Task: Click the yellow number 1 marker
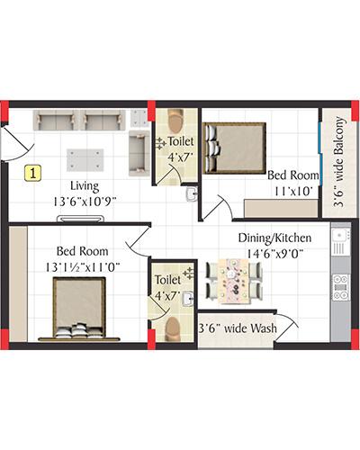click(x=32, y=173)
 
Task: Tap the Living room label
click(x=85, y=186)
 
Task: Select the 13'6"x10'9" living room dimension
click(x=85, y=202)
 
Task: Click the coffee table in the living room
click(x=85, y=160)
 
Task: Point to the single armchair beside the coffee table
click(x=139, y=153)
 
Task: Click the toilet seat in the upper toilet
click(x=175, y=121)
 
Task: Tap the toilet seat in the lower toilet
click(x=173, y=329)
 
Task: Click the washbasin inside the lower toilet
click(x=188, y=299)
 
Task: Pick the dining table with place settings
click(x=233, y=282)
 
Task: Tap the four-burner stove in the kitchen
click(x=340, y=287)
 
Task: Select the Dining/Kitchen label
click(x=274, y=238)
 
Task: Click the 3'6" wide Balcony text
click(x=339, y=162)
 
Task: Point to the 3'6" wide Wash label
click(x=238, y=328)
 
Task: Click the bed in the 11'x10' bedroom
click(x=234, y=148)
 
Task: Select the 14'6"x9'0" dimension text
click(x=274, y=254)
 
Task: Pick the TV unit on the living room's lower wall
click(x=81, y=219)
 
